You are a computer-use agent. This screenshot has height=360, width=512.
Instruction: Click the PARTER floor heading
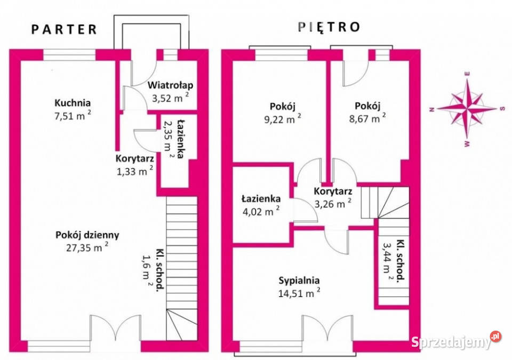[64, 29]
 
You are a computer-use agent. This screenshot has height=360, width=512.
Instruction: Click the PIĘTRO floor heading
[329, 27]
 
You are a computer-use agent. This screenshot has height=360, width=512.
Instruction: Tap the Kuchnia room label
[73, 103]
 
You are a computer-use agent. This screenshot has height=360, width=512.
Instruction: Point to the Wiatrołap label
[170, 85]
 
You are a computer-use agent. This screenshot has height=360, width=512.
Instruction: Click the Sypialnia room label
[299, 280]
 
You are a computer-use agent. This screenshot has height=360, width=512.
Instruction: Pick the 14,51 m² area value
[299, 292]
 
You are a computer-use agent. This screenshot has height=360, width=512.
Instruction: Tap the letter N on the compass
[431, 109]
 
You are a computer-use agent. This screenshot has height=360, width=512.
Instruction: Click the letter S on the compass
[502, 109]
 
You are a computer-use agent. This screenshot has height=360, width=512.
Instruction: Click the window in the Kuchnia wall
[69, 54]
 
